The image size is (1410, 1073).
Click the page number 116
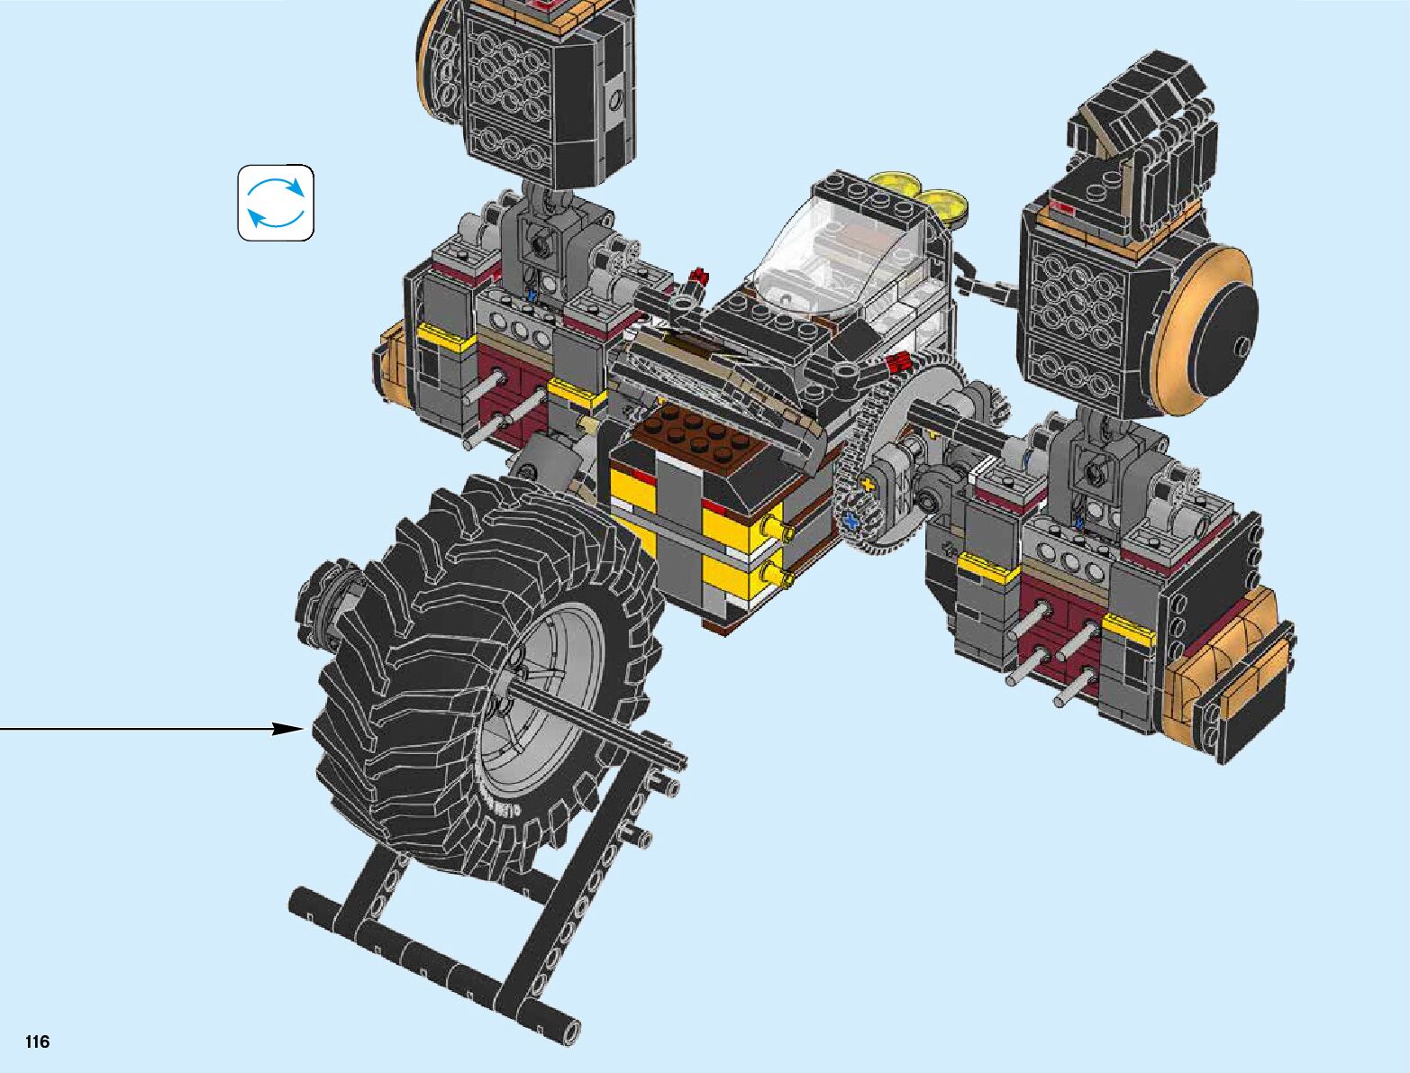[37, 1041]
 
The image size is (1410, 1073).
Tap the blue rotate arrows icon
[276, 203]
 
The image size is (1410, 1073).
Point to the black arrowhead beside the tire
[287, 729]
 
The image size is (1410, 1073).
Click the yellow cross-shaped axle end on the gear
[869, 485]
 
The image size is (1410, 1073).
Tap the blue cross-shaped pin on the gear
[852, 521]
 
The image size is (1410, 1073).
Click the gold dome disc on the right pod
[1200, 332]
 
